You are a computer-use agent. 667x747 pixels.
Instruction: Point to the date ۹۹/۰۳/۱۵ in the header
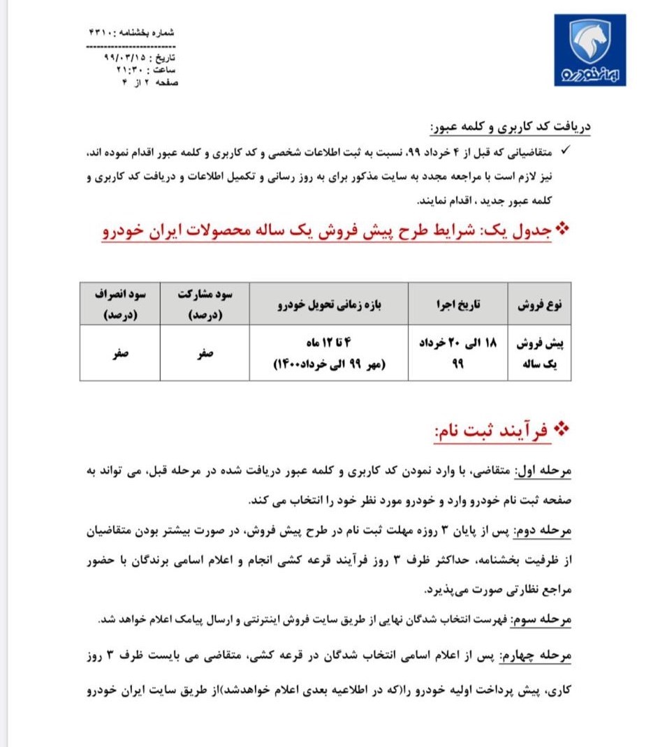[x=118, y=55]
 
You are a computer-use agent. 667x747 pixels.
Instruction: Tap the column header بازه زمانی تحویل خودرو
[x=330, y=305]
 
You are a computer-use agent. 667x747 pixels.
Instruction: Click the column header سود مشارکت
[x=205, y=304]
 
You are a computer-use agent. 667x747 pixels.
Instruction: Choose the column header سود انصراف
[x=119, y=304]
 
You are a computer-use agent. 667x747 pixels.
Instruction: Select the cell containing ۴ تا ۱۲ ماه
[x=330, y=353]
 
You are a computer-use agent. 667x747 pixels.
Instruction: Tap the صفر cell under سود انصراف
[x=119, y=353]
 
